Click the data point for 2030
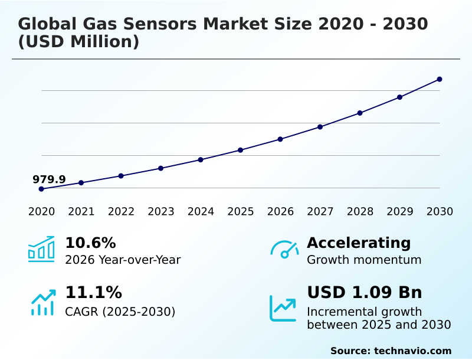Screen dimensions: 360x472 click(440, 79)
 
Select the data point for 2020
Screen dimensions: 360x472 click(41, 189)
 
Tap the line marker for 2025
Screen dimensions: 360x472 click(241, 150)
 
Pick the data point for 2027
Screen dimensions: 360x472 click(320, 127)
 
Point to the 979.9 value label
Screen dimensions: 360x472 click(49, 179)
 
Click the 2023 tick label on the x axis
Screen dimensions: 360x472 click(161, 212)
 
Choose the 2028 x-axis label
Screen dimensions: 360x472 click(360, 212)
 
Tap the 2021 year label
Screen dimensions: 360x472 click(81, 212)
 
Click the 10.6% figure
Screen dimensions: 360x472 click(90, 243)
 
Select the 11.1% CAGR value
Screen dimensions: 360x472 click(93, 293)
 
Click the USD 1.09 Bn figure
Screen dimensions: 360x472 click(365, 293)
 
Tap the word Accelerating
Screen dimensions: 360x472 click(359, 243)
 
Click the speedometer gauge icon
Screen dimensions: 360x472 click(284, 250)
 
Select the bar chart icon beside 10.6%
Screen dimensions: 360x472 click(41, 250)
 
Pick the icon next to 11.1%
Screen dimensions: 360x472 click(42, 303)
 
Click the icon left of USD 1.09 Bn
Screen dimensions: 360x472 click(283, 308)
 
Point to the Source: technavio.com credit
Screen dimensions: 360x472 click(391, 351)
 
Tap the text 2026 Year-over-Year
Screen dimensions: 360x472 click(123, 260)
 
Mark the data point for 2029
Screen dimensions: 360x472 click(399, 97)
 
